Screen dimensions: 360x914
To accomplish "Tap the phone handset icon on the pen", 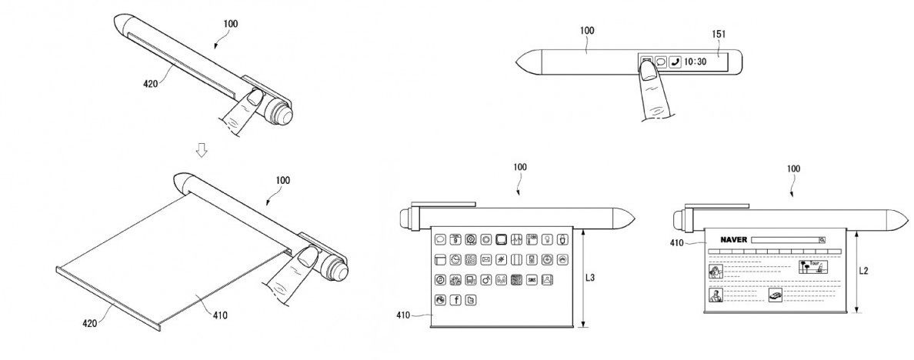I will click(x=675, y=62).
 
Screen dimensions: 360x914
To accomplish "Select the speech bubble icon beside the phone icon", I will click(x=659, y=62).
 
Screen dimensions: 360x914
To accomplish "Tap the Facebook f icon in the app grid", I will click(x=455, y=299).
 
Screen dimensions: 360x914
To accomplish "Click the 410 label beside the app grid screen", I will click(x=405, y=315).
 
